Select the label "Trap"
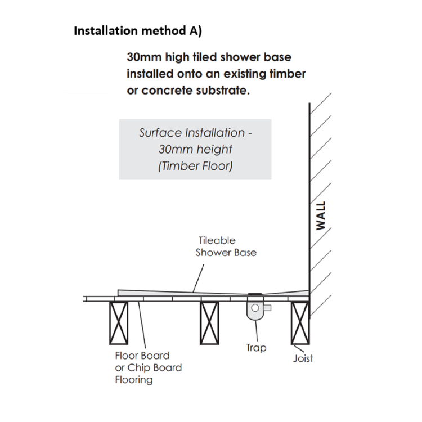256,348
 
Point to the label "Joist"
303,358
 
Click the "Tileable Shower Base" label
226,246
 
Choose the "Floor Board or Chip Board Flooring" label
148,368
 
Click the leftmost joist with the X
119,323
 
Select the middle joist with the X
209,323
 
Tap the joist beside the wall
299,323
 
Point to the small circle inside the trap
256,308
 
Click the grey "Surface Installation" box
195,149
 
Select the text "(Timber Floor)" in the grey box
195,166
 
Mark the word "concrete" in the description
165,90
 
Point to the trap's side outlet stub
267,307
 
